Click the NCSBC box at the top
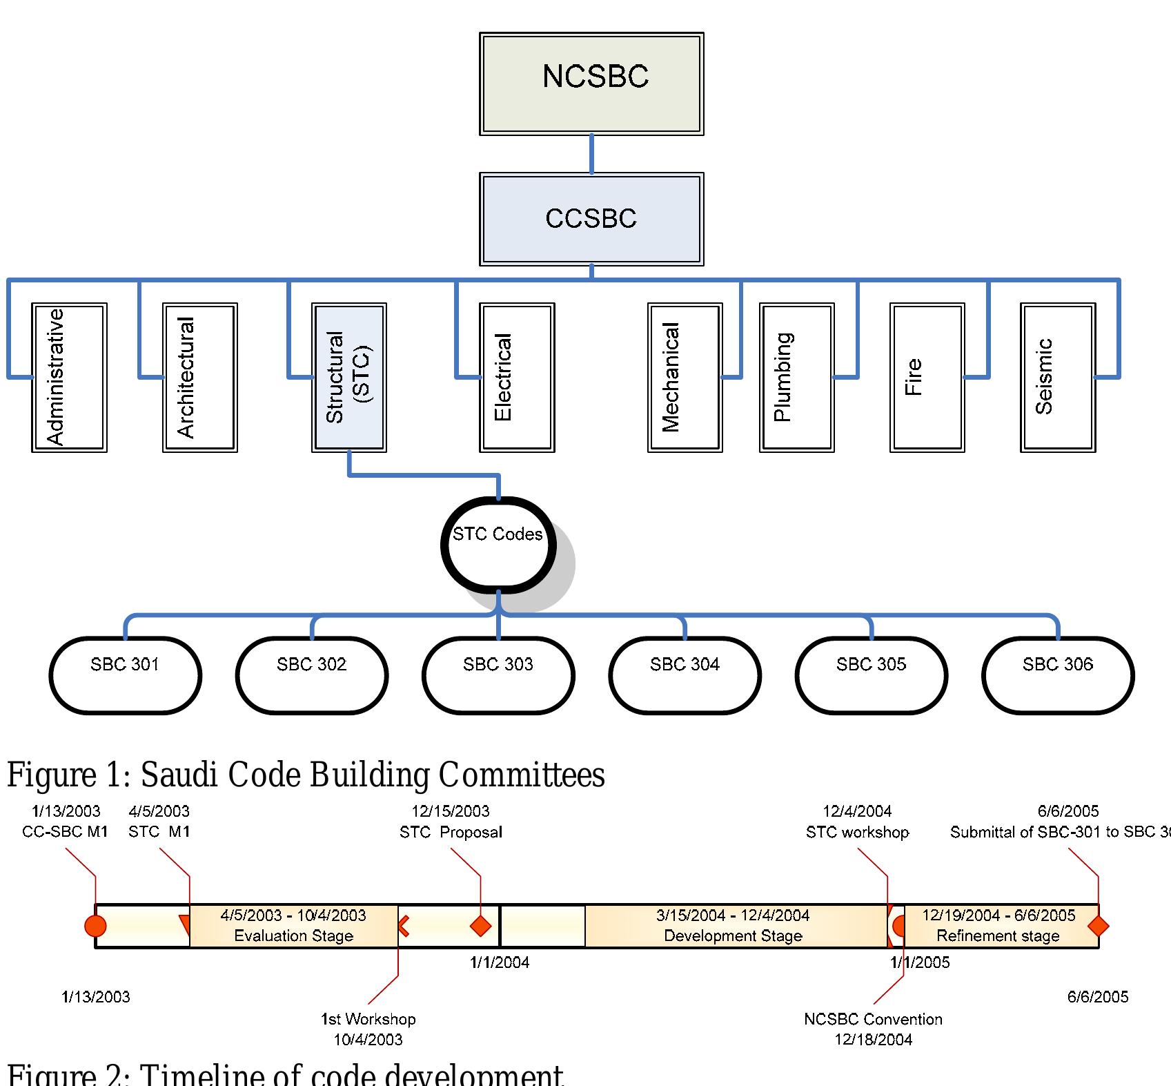[x=591, y=84]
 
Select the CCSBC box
[x=591, y=219]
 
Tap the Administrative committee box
[x=69, y=378]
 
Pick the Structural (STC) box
[x=349, y=378]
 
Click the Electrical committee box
[x=517, y=378]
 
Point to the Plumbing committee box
[x=797, y=378]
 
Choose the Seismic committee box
[x=1058, y=378]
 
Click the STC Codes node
[x=498, y=545]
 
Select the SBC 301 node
[x=125, y=675]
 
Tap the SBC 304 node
[x=685, y=675]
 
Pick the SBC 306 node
[x=1058, y=675]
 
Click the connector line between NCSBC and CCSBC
[x=591, y=154]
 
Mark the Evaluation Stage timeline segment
[x=293, y=926]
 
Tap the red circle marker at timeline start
[x=95, y=926]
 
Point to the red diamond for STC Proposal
[x=480, y=926]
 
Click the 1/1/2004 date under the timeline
[x=500, y=962]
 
